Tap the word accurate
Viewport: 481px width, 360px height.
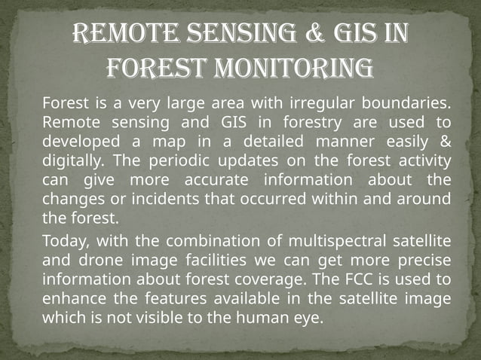click(219, 180)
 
